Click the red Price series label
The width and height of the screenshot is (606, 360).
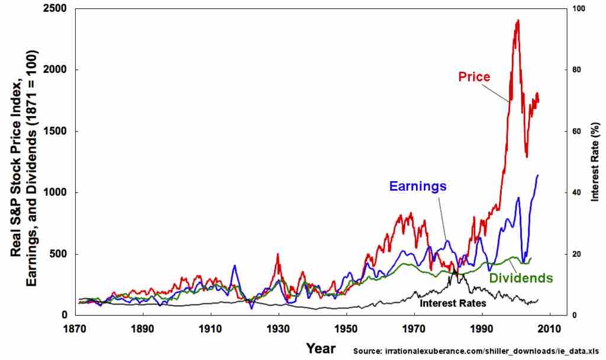coord(475,77)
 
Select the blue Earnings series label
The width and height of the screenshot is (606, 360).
coord(417,186)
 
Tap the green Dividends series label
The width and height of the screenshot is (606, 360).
coord(521,278)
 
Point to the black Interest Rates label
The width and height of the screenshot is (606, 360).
coord(453,303)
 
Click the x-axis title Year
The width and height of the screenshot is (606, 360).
coord(321,348)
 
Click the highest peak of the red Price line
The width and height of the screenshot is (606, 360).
coord(518,20)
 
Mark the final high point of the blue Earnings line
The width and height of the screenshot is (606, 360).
coord(537,175)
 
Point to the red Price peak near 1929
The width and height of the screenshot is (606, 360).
coord(278,254)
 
